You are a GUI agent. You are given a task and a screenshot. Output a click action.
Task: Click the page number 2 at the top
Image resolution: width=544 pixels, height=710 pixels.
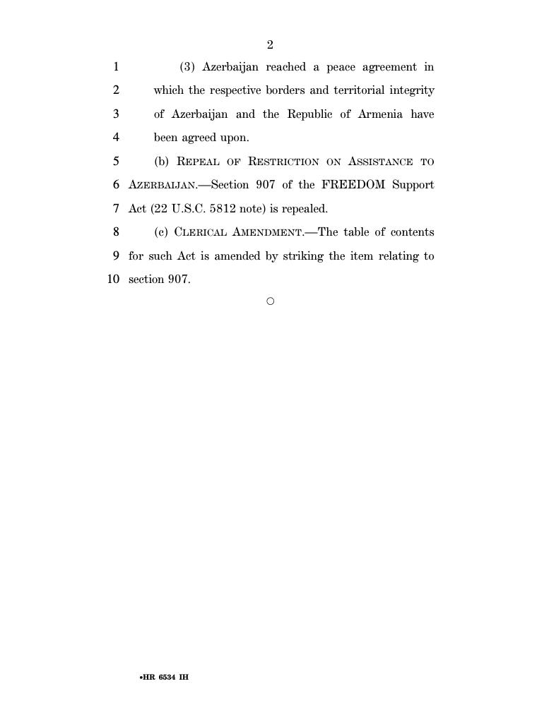270,45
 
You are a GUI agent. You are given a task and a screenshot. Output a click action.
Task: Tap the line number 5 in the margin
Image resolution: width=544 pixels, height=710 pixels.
116,161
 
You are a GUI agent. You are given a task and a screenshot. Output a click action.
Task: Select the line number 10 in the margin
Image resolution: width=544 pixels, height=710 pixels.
113,279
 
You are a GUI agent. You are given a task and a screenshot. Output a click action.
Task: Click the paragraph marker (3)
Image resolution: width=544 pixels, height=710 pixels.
187,67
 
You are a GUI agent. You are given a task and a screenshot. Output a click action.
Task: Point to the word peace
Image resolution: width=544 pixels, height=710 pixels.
341,67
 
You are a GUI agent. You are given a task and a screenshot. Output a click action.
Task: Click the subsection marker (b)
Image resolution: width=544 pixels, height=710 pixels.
162,162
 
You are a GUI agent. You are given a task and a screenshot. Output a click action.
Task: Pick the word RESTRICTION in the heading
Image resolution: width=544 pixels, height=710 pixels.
283,162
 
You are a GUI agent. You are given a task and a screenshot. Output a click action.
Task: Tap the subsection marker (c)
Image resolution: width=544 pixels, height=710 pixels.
162,232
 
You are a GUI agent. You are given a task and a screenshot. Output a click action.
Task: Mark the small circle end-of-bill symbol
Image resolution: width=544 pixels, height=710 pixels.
270,301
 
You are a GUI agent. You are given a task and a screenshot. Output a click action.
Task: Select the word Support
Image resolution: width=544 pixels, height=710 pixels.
413,185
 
